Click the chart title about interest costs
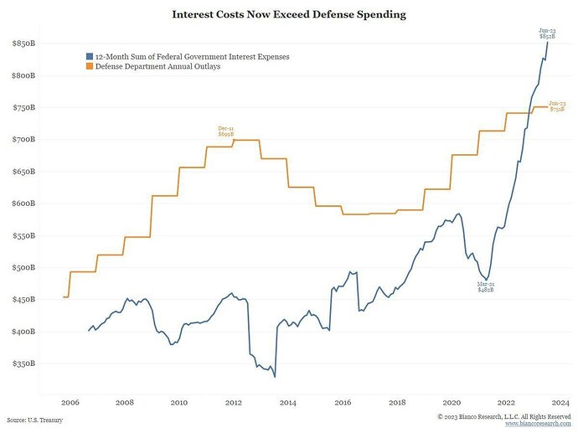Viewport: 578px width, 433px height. (288, 14)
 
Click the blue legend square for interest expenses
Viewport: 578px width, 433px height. (89, 56)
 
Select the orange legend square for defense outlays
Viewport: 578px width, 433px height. (89, 66)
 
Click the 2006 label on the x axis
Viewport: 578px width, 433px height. (70, 402)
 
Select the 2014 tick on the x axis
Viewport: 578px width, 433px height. (287, 402)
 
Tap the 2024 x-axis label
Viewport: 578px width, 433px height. (560, 402)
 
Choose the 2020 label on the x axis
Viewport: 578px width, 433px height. (452, 402)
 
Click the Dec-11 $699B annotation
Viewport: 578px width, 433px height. (226, 131)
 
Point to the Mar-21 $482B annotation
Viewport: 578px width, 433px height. (486, 286)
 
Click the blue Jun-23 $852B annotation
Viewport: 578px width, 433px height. (546, 34)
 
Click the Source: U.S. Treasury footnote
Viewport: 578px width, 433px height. (34, 420)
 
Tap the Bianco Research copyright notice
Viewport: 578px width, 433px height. (504, 416)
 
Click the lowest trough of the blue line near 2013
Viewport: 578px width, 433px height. (275, 377)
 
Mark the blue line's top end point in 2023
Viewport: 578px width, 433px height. (548, 42)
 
